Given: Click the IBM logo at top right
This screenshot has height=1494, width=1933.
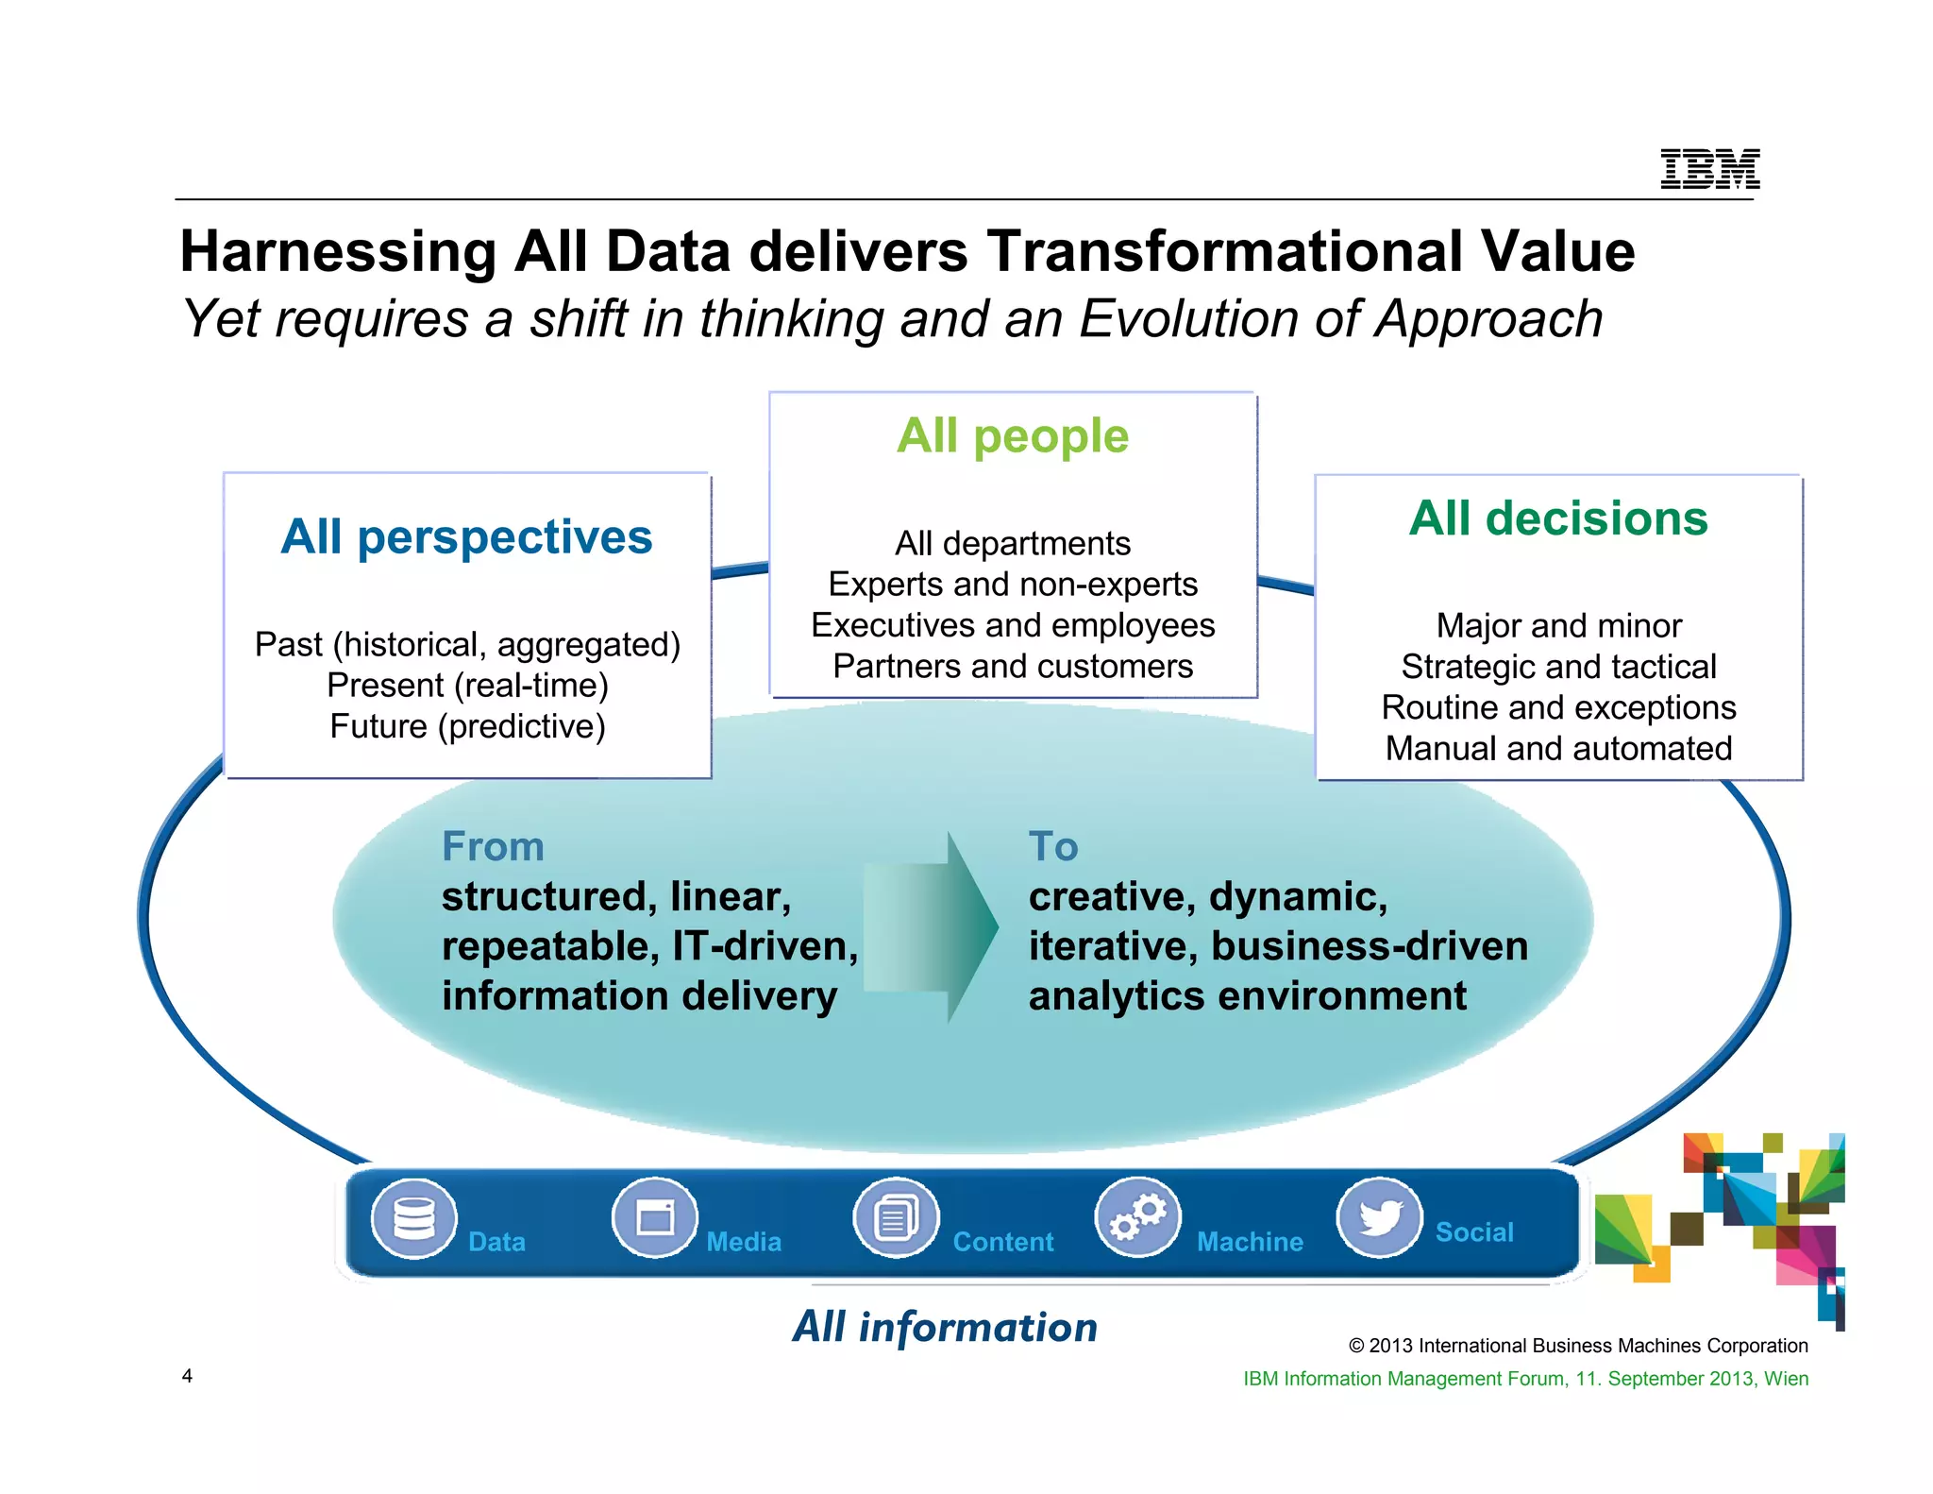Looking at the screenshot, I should (x=1709, y=169).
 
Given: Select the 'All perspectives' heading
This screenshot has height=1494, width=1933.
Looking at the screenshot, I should (x=466, y=536).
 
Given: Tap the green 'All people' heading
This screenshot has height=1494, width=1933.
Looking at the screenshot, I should (x=1012, y=435).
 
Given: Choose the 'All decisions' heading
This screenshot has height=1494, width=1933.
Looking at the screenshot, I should (x=1558, y=518).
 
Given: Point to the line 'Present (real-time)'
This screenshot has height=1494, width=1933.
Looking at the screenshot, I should (x=467, y=686).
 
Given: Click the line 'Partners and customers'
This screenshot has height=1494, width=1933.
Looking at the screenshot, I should (x=1012, y=667).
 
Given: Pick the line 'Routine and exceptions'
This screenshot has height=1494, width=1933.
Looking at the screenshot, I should (x=1558, y=707).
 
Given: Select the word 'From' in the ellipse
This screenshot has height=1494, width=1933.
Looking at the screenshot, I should (x=493, y=846).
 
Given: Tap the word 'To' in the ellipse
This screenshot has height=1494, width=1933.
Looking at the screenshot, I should (x=1052, y=846).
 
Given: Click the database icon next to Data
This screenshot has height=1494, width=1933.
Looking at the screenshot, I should (x=413, y=1218).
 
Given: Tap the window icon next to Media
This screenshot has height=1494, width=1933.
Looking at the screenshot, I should (x=655, y=1218).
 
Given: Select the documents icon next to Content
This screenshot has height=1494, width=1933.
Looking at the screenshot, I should (x=896, y=1218).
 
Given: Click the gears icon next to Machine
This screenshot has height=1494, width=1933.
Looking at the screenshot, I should (x=1137, y=1218).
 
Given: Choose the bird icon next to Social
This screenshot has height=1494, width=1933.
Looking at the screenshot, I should (x=1379, y=1218).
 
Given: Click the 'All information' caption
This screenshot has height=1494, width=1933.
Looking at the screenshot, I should (x=945, y=1327).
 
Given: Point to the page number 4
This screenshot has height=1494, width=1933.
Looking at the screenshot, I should (x=187, y=1376).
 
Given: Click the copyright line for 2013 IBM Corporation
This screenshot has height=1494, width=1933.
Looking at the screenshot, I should (x=1577, y=1346).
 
